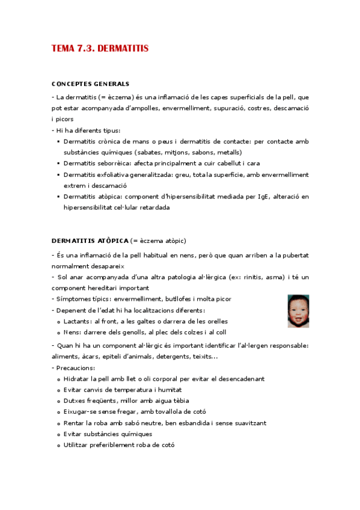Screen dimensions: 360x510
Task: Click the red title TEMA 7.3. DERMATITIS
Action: tap(100, 48)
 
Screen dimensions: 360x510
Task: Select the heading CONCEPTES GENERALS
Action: tap(90, 84)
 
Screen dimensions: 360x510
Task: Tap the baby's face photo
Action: tap(298, 311)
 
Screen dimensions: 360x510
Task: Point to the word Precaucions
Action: tap(76, 367)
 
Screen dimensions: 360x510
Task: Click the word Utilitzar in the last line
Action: tap(79, 445)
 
